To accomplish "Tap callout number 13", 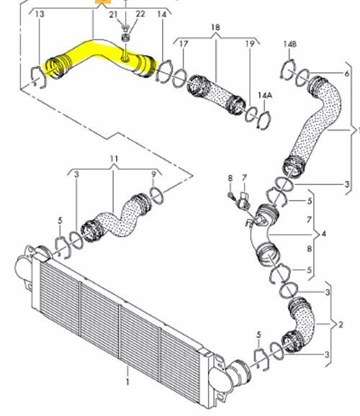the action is [40, 14].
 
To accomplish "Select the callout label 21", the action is [113, 14].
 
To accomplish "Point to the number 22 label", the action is [140, 14].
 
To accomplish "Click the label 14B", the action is [289, 44].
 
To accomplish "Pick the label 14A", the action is [265, 95].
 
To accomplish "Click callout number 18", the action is [215, 27].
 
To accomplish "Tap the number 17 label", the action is [184, 44].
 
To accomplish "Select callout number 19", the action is [250, 44].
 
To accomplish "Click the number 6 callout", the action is [347, 73].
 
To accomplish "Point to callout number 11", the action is [114, 159].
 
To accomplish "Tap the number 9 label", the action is [153, 174].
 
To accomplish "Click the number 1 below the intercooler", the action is [127, 382].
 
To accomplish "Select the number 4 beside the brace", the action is [323, 234].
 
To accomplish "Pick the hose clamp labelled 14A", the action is [264, 120].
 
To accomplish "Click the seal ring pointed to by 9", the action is [157, 196].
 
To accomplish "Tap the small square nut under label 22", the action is [125, 37].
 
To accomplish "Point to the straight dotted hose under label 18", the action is [217, 95].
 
